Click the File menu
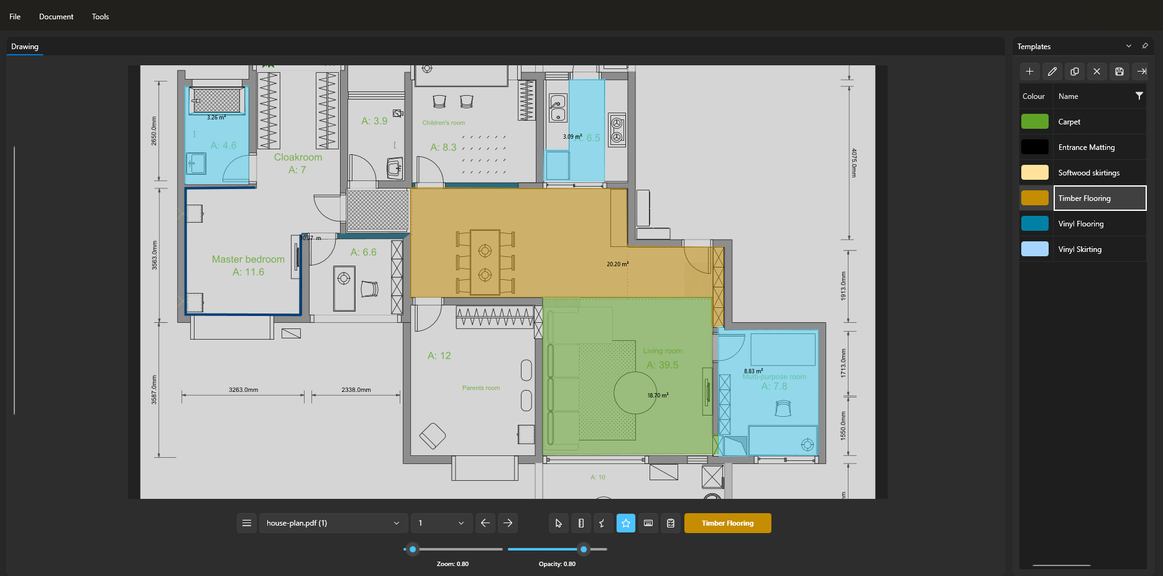pos(15,17)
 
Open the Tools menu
pos(100,17)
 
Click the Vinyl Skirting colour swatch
pos(1034,249)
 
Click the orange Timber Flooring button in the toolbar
pos(727,523)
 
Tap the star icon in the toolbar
pos(625,523)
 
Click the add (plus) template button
pos(1029,72)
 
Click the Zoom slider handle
pos(412,549)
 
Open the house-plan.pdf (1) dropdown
pos(333,523)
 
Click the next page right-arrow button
pos(508,523)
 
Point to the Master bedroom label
pos(248,259)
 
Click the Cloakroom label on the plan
pos(298,157)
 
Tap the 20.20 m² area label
pos(617,264)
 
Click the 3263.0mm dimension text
pos(243,390)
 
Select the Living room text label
pos(662,351)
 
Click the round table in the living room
pos(634,392)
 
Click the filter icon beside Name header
pos(1139,96)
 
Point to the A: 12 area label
pos(439,356)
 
